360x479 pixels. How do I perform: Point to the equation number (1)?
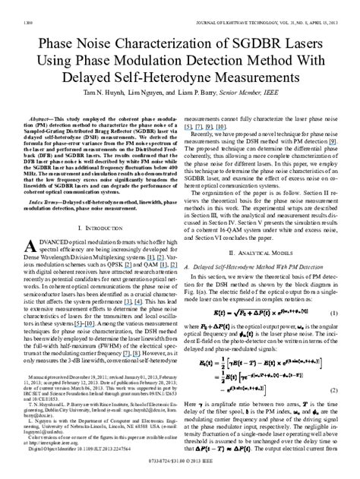coord(333,291)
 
